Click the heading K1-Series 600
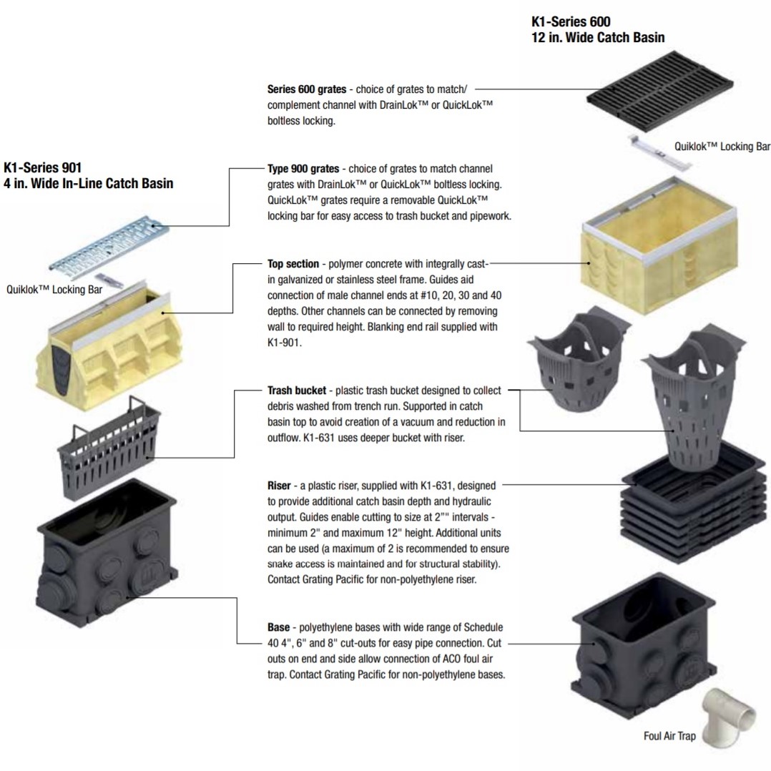tap(571, 22)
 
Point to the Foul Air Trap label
tap(669, 736)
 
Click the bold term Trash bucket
tap(296, 391)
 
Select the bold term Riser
tap(278, 486)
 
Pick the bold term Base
tap(278, 627)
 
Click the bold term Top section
tap(293, 264)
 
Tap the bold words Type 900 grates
tap(303, 169)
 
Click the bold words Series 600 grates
tap(306, 90)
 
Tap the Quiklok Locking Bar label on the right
tap(722, 147)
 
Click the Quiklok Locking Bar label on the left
tap(54, 290)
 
